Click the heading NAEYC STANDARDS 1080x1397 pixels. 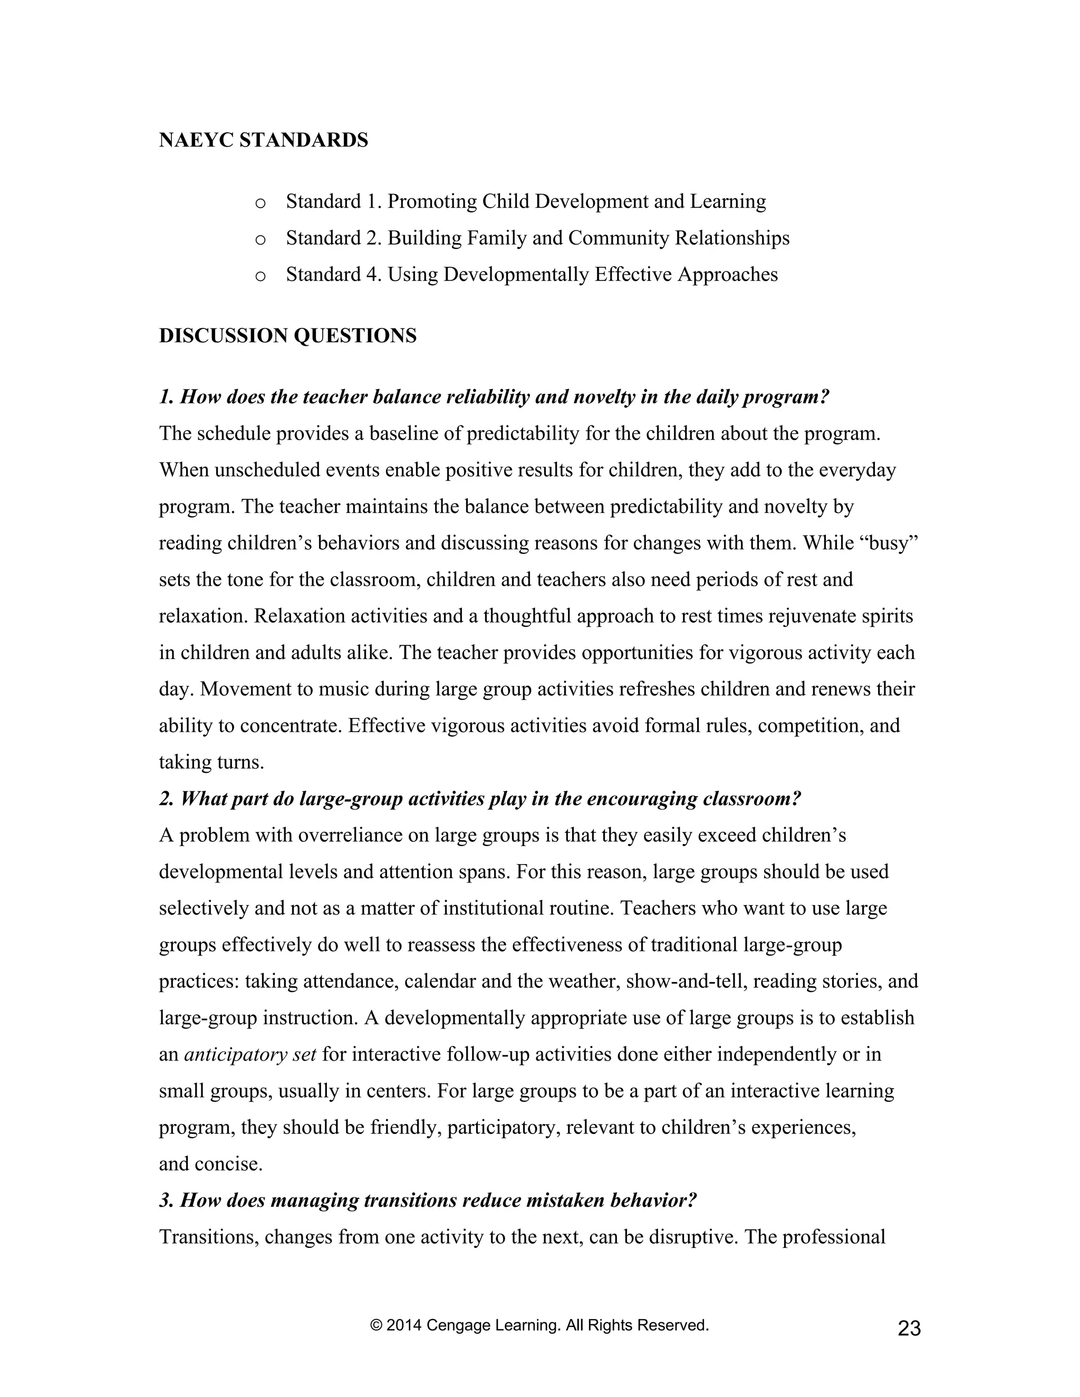263,140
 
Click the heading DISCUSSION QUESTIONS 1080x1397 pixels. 287,336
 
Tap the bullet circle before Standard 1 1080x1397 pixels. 260,204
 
